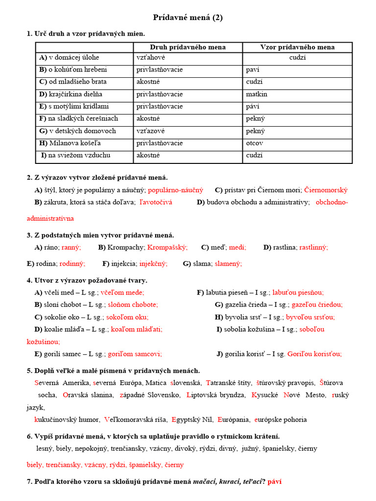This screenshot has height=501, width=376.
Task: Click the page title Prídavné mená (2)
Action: [x=188, y=18]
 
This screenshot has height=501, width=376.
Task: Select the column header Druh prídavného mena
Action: [x=188, y=47]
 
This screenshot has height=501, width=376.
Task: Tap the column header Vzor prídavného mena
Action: [x=297, y=47]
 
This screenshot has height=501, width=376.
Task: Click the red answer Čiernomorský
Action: [x=326, y=190]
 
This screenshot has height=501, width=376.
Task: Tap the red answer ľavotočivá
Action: [x=156, y=202]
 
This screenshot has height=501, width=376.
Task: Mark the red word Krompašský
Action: [x=167, y=248]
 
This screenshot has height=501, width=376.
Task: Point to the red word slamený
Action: [x=228, y=264]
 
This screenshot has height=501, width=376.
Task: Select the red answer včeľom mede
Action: [x=122, y=293]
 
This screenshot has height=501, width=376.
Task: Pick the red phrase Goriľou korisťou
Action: [x=314, y=354]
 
